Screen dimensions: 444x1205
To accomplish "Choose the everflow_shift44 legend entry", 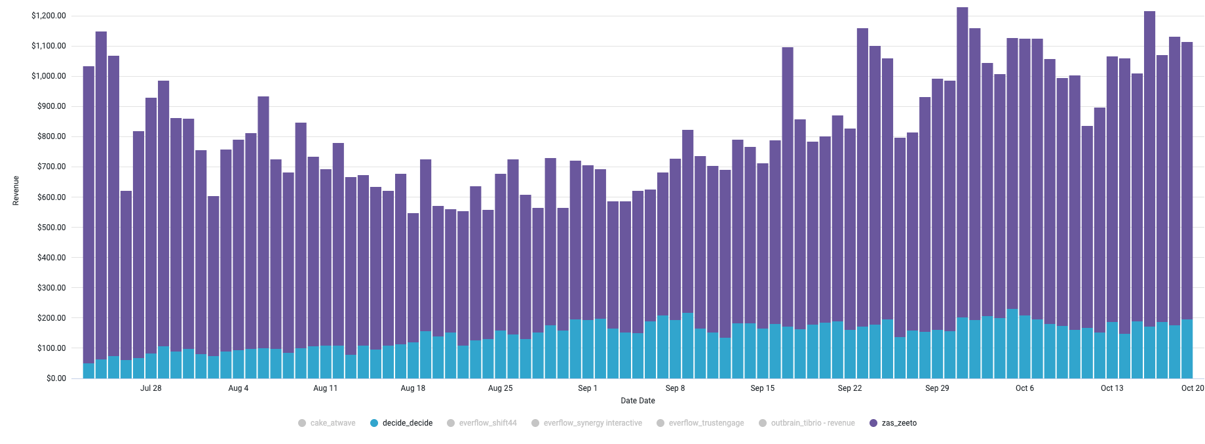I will (482, 423).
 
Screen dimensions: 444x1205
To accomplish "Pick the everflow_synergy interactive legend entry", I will (586, 423).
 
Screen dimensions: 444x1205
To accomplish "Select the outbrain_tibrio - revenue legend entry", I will (807, 423).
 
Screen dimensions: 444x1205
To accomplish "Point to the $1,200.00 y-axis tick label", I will (48, 16).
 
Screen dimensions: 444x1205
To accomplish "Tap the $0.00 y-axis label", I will (56, 378).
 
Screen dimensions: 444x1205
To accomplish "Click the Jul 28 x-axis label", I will (151, 388).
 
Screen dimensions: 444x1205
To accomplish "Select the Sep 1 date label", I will (588, 388).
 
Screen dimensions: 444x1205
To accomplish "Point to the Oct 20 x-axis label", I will (1193, 388).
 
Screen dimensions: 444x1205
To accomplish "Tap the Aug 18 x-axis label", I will (413, 388).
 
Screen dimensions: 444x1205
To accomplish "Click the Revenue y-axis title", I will (16, 191).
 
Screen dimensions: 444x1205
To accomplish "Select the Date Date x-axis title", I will (638, 401).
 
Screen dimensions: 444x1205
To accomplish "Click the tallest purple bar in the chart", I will (962, 164).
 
